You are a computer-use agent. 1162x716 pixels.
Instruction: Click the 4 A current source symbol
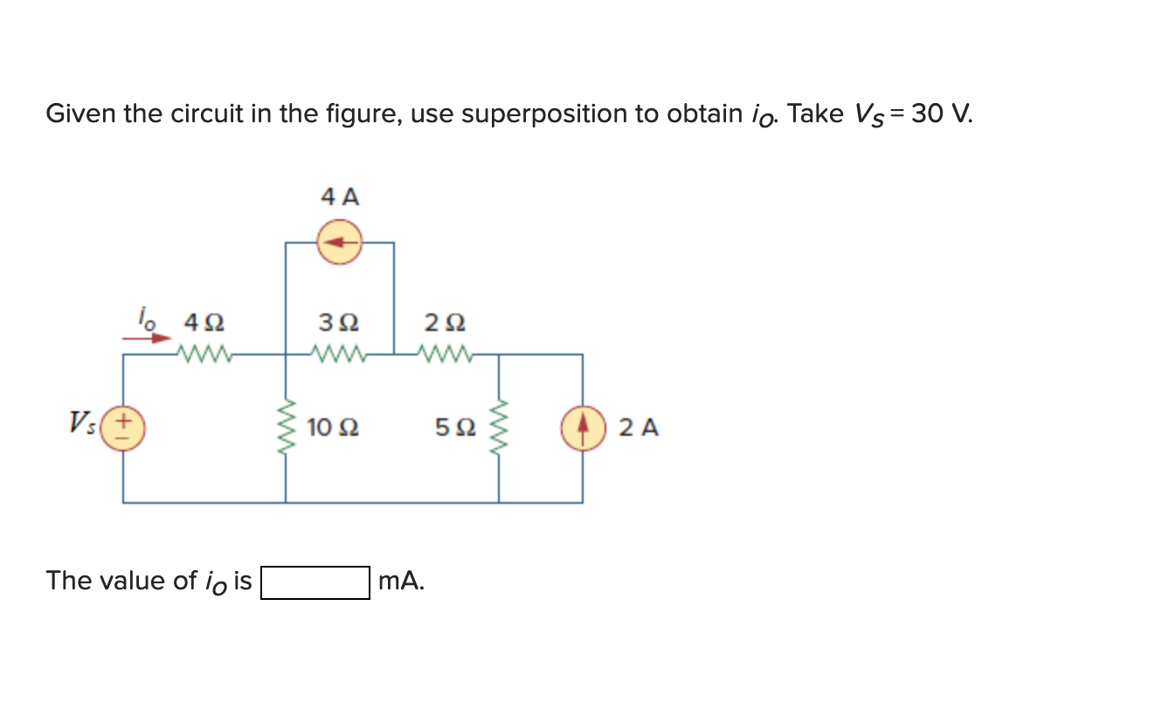pos(339,243)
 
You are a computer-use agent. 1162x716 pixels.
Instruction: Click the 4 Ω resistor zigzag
pos(203,355)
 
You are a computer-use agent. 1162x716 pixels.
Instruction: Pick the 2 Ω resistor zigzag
pos(445,355)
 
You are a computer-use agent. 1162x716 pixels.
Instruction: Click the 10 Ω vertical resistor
pos(286,428)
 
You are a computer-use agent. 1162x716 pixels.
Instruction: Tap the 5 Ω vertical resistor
pos(499,428)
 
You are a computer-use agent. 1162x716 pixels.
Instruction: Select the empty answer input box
pos(315,582)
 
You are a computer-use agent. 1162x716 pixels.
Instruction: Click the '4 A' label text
pos(340,196)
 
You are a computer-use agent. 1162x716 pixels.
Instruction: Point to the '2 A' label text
pos(639,428)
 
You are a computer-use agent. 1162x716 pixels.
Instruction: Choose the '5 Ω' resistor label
pos(455,428)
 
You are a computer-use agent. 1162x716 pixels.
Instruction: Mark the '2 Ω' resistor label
pos(445,323)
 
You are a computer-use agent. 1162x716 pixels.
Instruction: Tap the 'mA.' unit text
pos(402,581)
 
